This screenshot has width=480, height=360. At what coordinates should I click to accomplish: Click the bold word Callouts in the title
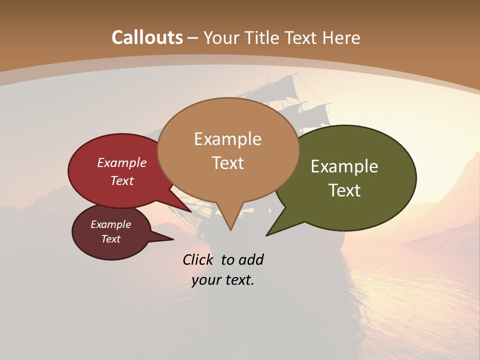coord(147,37)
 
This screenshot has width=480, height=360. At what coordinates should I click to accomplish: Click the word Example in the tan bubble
coord(227,139)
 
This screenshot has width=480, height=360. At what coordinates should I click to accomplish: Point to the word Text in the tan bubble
coord(227,163)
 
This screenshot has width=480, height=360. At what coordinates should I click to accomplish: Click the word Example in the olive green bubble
coord(344,166)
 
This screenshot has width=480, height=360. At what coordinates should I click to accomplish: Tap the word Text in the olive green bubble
coord(344,190)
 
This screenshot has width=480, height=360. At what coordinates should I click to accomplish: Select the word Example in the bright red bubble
coord(122,163)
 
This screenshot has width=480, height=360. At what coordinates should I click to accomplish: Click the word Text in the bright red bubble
coord(122,181)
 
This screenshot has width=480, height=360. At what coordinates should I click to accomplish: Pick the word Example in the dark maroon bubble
coord(110,224)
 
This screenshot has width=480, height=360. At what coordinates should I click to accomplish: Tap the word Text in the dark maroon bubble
coord(110,239)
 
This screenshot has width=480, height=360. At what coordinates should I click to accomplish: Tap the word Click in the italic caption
coord(198,260)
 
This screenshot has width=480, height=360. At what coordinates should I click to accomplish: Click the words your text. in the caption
coord(223,280)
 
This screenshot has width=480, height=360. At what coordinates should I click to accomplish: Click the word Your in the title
coord(221,37)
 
